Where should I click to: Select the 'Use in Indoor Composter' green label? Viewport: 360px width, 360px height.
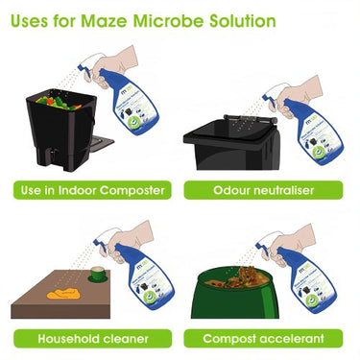[x=91, y=189]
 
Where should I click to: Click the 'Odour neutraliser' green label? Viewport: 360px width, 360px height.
[x=268, y=189]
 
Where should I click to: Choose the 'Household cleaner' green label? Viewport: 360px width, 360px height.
[x=91, y=338]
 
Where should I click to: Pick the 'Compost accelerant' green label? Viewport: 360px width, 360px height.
[x=268, y=338]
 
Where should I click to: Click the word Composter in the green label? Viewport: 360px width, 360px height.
[x=130, y=189]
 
